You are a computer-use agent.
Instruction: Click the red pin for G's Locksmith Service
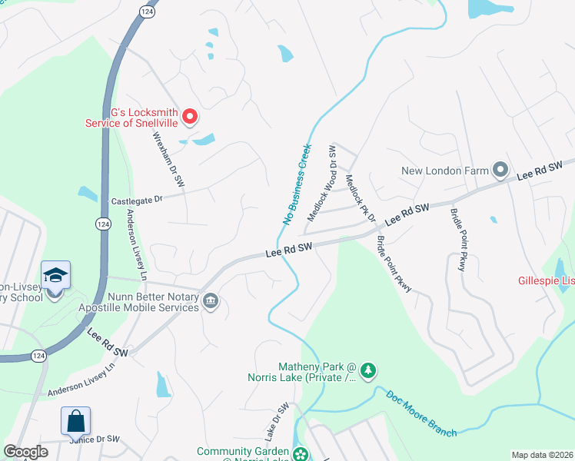[190, 116]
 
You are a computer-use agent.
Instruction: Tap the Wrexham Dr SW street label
[168, 160]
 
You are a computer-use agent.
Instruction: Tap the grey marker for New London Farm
[500, 168]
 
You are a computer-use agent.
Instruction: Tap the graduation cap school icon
[56, 275]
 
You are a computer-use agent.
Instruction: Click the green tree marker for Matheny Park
[368, 370]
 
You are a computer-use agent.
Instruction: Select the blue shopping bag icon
[75, 421]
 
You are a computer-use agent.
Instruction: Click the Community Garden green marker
[301, 453]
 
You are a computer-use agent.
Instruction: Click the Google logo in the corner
[26, 452]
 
